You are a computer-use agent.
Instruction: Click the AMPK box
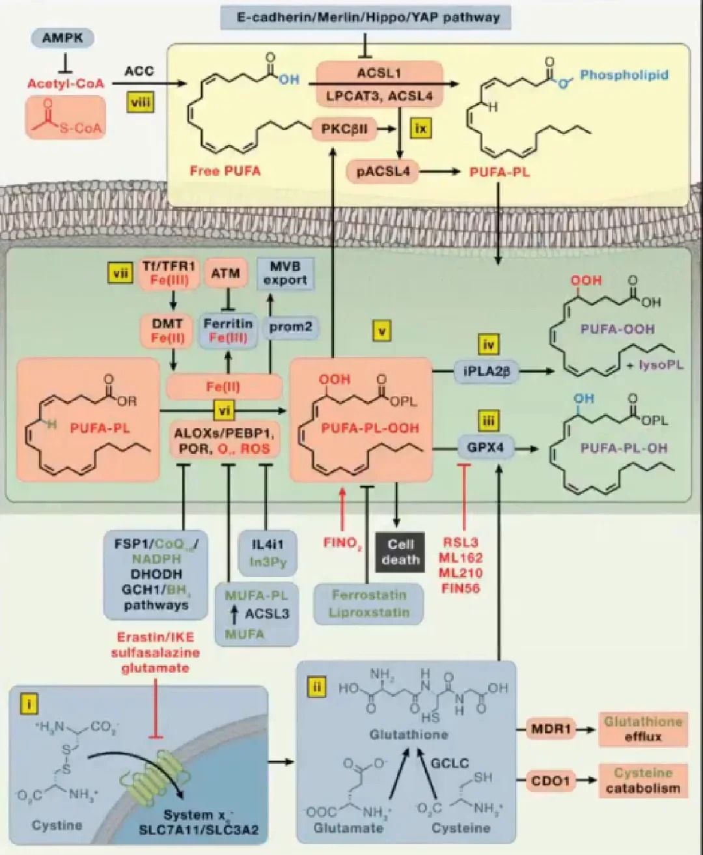pyautogui.click(x=62, y=38)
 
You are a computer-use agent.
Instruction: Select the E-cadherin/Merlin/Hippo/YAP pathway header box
pyautogui.click(x=364, y=17)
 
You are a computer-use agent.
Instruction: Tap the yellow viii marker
pyautogui.click(x=141, y=102)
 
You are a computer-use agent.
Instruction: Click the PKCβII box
pyautogui.click(x=344, y=129)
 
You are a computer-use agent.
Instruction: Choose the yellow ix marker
pyautogui.click(x=421, y=128)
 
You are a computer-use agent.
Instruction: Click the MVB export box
pyautogui.click(x=285, y=273)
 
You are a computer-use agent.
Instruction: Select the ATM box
pyautogui.click(x=225, y=273)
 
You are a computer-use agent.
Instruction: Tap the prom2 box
pyautogui.click(x=290, y=326)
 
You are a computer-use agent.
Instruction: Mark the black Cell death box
pyautogui.click(x=400, y=552)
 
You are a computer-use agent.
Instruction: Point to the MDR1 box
pyautogui.click(x=550, y=729)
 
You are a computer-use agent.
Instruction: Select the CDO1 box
pyautogui.click(x=550, y=780)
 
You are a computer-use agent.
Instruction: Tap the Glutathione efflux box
pyautogui.click(x=642, y=729)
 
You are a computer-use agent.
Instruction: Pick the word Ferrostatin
pyautogui.click(x=369, y=595)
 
